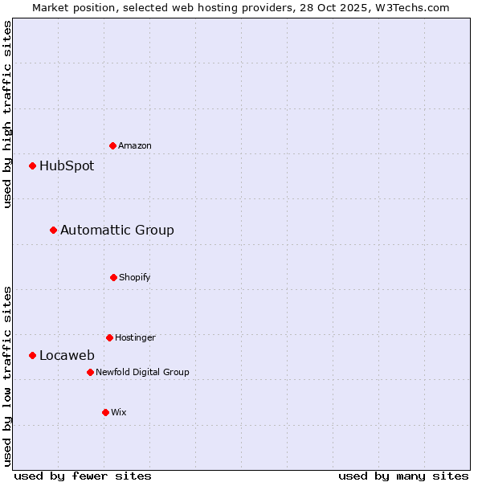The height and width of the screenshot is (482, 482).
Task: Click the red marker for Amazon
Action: [112, 145]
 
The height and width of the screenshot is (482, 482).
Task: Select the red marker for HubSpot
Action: [32, 165]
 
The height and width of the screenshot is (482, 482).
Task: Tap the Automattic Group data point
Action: [53, 230]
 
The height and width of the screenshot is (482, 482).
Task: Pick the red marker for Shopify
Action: [113, 277]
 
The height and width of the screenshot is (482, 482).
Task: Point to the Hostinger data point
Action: [109, 337]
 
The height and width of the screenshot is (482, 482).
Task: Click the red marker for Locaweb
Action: [32, 355]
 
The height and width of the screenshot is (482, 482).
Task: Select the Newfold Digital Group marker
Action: [90, 372]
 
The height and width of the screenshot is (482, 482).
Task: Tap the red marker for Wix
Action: [105, 412]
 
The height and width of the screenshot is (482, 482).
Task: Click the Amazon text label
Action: [135, 145]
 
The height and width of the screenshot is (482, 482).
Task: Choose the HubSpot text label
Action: [67, 165]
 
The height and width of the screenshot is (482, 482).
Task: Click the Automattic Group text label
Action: [117, 230]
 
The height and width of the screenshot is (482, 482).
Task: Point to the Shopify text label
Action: [135, 277]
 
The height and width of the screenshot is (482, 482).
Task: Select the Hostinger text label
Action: [135, 337]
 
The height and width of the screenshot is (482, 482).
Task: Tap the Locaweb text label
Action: [67, 355]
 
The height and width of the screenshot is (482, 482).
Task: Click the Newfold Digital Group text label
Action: [142, 372]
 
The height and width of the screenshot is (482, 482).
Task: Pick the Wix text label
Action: [119, 412]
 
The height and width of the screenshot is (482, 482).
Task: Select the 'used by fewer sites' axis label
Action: [83, 476]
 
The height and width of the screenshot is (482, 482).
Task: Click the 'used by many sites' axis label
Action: [403, 476]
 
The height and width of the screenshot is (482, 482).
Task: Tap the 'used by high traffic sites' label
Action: [7, 114]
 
